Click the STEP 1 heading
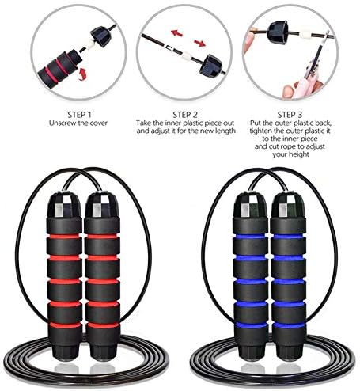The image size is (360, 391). tap(79, 115)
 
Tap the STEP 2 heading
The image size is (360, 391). tap(185, 115)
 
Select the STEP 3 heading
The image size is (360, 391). tap(290, 115)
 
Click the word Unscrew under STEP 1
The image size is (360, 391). tap(62, 123)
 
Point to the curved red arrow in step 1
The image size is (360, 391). tap(83, 74)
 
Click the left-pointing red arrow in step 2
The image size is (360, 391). tap(176, 33)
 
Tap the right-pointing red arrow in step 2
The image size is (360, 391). tap(199, 43)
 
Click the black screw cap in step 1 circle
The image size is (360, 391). tap(100, 36)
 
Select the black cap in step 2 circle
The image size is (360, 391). tap(210, 65)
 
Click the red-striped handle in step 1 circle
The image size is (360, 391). tap(59, 67)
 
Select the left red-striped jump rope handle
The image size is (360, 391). tap(65, 276)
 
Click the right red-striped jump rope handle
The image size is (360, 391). tap(102, 276)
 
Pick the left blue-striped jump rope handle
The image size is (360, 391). tap(251, 276)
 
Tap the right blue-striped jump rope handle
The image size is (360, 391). tap(289, 276)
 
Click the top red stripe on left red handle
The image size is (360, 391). tap(65, 237)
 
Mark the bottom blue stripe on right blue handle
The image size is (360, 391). tap(289, 325)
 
